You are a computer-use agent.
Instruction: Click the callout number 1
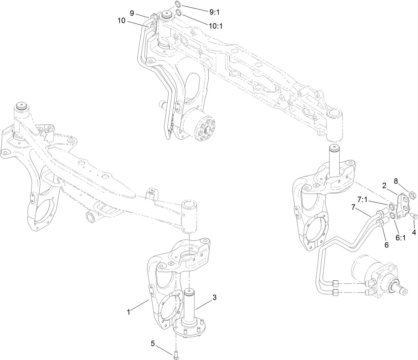click(128, 312)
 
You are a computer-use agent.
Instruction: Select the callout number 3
click(214, 297)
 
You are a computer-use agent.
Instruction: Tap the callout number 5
click(153, 343)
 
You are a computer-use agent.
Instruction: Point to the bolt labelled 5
click(176, 354)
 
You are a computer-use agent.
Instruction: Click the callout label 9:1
click(214, 12)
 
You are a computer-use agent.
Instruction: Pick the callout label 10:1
click(216, 26)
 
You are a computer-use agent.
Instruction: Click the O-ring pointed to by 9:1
click(178, 4)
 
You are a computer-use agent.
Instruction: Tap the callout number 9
click(132, 13)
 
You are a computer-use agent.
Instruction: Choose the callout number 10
click(121, 21)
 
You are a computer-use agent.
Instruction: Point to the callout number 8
click(396, 181)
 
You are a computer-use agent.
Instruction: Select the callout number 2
click(384, 185)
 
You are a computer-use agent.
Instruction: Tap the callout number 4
click(414, 232)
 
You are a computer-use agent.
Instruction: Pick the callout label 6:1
click(401, 237)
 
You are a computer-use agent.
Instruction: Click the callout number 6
click(386, 245)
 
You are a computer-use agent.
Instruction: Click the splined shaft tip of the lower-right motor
click(403, 289)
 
